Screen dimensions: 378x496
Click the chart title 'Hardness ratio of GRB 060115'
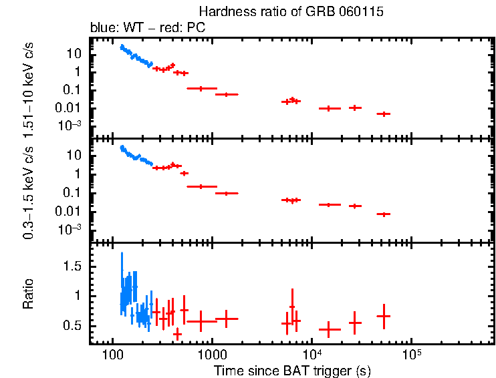pos(291,12)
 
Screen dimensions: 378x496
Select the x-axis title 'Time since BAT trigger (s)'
pos(292,369)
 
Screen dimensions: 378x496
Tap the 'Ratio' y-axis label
pos(29,294)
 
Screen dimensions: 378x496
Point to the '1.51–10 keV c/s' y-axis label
pos(29,87)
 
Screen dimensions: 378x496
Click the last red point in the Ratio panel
pos(383,316)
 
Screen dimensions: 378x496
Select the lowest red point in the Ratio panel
pos(177,333)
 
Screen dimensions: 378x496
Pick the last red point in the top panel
pos(383,114)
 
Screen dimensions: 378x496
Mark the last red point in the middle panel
pos(383,214)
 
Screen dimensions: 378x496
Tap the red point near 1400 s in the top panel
pos(227,95)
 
